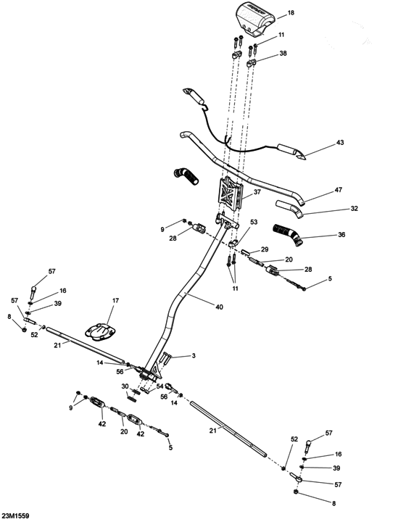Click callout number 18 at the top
click(291, 13)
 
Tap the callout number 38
click(283, 54)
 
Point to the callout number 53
click(254, 223)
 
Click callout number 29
click(265, 249)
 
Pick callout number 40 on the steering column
click(220, 307)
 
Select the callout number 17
click(115, 300)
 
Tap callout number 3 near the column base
click(194, 356)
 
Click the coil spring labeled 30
click(133, 395)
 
